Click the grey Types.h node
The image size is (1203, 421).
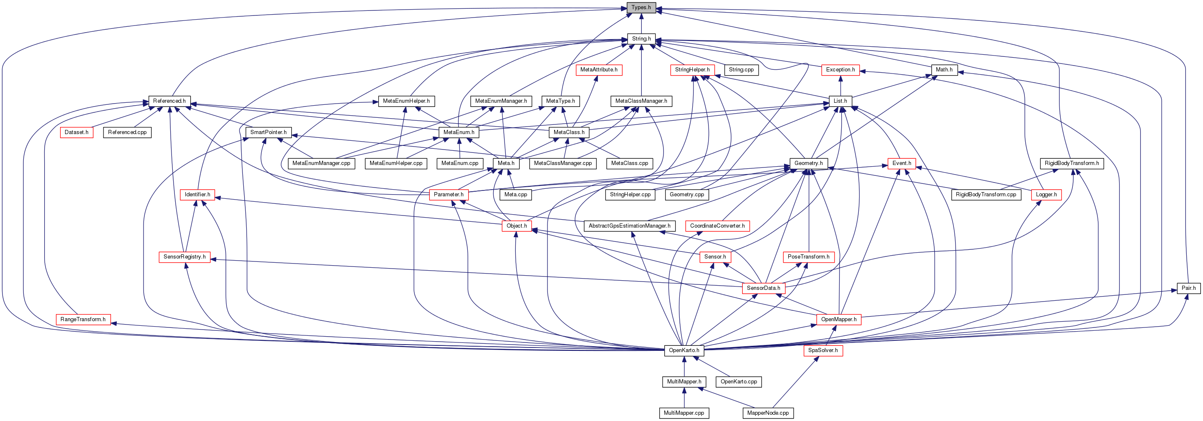(641, 8)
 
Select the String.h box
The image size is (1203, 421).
(641, 39)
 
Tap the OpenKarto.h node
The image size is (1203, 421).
(683, 350)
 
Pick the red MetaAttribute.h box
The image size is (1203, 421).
(599, 70)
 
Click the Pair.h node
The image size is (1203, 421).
(1188, 288)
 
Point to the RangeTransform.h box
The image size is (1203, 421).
(83, 320)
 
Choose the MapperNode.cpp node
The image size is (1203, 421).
(768, 413)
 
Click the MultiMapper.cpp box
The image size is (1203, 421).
(683, 413)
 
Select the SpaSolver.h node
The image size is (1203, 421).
(823, 350)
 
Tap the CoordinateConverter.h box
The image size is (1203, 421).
(717, 226)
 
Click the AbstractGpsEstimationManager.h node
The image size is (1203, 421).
(630, 226)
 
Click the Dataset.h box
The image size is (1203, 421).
(77, 133)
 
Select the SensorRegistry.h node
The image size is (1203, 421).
(184, 257)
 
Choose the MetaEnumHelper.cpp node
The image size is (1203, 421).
(396, 164)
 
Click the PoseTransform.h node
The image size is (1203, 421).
(808, 257)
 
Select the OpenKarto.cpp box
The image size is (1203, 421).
(739, 382)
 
